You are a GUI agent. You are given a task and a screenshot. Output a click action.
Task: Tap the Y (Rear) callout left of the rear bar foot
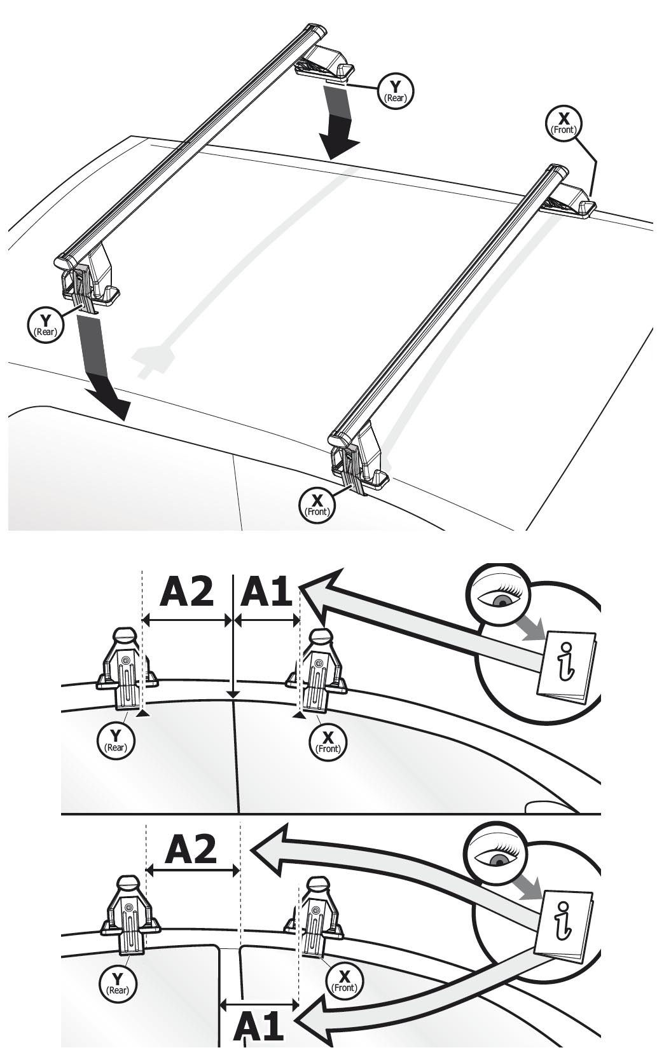[45, 325]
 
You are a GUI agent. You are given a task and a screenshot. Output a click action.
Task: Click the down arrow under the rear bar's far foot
[341, 124]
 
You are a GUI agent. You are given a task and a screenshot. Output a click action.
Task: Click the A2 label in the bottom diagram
[191, 850]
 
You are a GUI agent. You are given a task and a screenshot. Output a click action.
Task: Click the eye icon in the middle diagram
[501, 598]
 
